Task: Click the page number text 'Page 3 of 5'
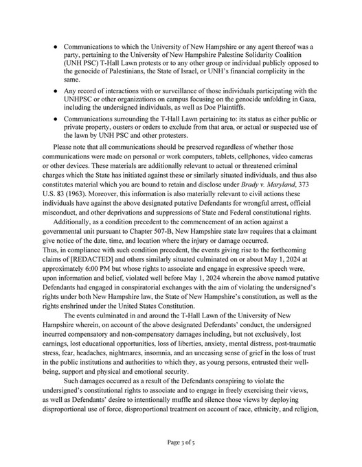[x=181, y=443]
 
